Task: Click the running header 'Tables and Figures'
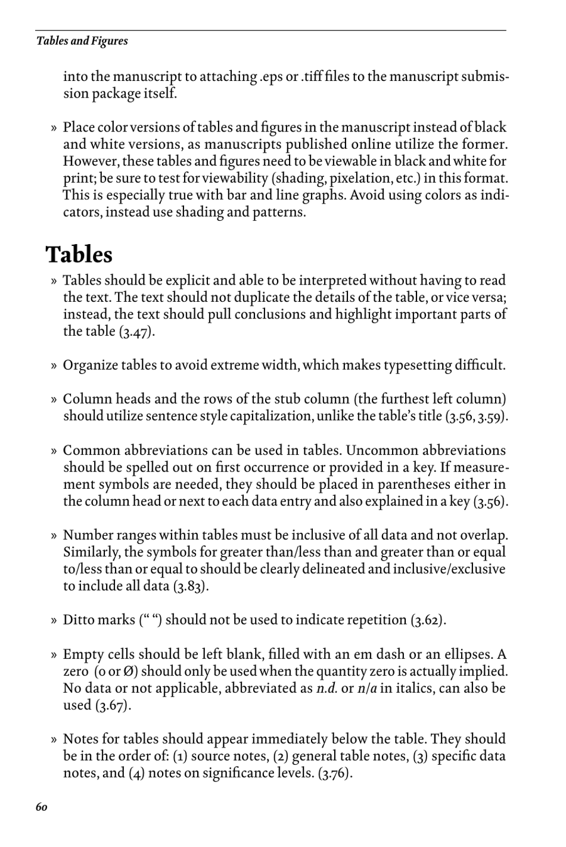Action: tap(82, 41)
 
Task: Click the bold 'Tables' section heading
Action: tap(79, 254)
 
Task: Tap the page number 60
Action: tap(41, 807)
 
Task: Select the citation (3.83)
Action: tap(191, 586)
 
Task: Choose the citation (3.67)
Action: tap(113, 705)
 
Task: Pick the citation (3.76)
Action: tap(335, 773)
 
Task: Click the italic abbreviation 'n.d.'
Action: tap(326, 689)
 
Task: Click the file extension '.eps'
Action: tap(272, 77)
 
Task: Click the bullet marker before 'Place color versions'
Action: tap(54, 128)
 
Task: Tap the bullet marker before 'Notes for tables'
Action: tap(54, 740)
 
